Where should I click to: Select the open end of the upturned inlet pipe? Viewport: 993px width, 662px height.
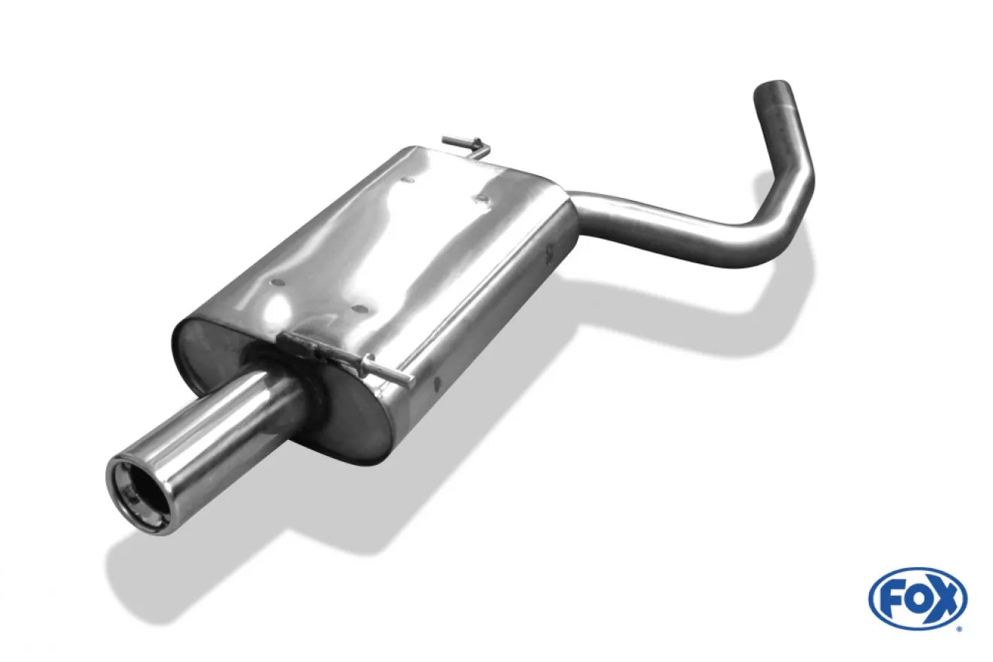pyautogui.click(x=773, y=87)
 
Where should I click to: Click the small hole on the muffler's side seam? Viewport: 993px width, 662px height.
pyautogui.click(x=436, y=384)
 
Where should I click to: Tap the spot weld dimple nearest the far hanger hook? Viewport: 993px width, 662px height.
pyautogui.click(x=478, y=199)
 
